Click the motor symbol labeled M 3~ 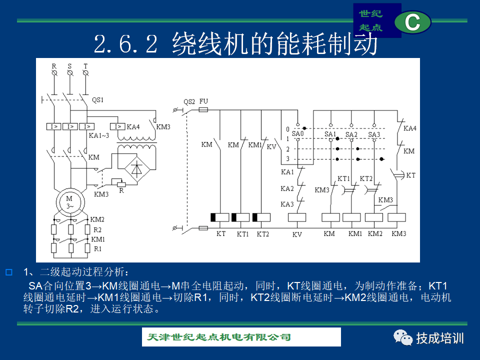(x=70, y=202)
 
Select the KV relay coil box (x=297, y=217)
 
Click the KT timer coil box (x=220, y=217)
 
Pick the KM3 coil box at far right (x=396, y=217)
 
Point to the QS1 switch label (x=97, y=100)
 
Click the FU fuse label (x=203, y=101)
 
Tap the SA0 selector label (x=297, y=133)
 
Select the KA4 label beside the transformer (x=133, y=126)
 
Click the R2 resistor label (x=97, y=229)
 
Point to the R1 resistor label (x=97, y=249)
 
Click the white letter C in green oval (x=412, y=22)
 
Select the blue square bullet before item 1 (x=9, y=272)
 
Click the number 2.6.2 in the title (x=125, y=44)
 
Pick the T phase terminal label (x=85, y=66)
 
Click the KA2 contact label (x=287, y=188)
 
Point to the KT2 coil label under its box (x=262, y=234)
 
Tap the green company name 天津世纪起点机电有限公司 (x=219, y=337)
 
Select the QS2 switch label (x=189, y=102)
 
